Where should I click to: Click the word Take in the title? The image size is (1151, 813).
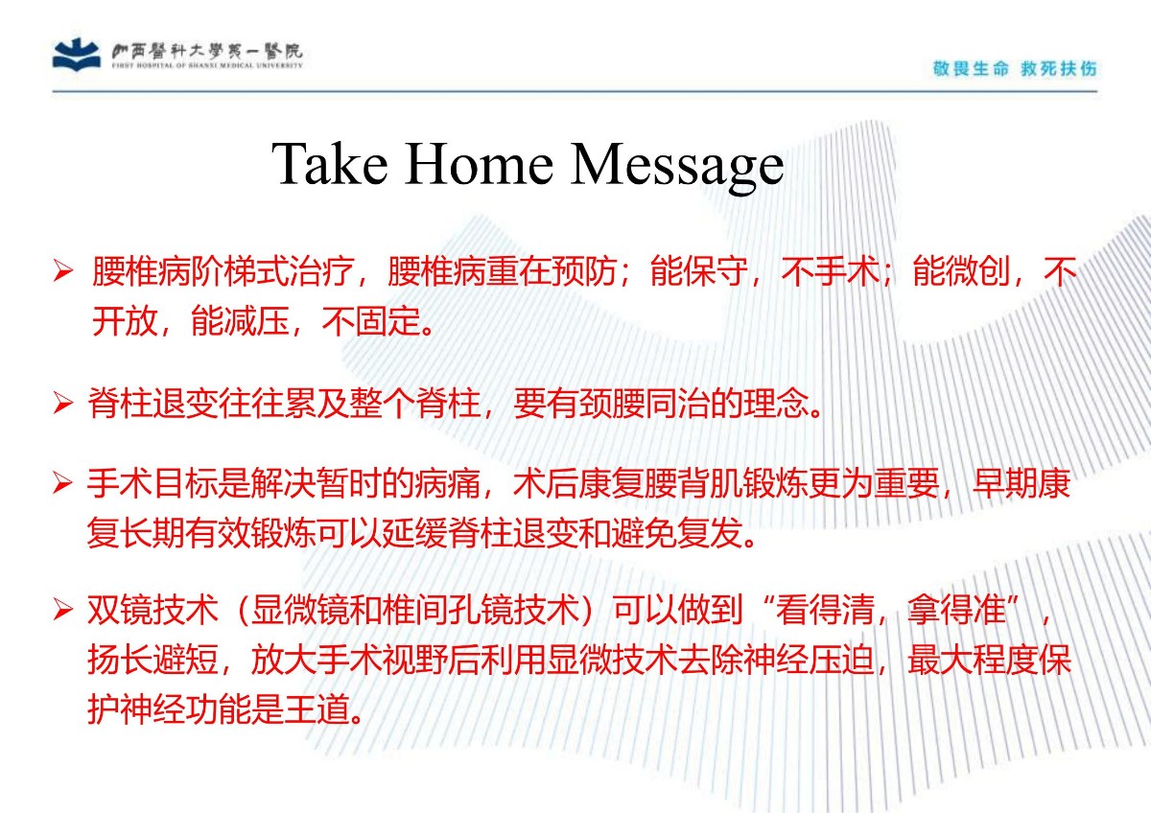(x=329, y=164)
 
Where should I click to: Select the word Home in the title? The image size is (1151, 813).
(x=479, y=164)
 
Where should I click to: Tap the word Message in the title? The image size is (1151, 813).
(x=677, y=168)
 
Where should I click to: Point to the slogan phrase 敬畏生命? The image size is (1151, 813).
(x=971, y=68)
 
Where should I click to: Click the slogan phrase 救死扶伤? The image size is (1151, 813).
(x=1059, y=68)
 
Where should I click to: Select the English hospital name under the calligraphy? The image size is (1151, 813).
(x=207, y=66)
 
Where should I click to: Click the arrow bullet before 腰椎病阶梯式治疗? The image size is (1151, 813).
(x=63, y=270)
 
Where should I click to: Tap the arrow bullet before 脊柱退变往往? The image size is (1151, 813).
(x=63, y=403)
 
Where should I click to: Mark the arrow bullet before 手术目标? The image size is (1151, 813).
(x=62, y=483)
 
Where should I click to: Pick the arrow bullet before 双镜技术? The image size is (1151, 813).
(x=62, y=610)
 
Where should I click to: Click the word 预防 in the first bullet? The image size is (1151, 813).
(x=584, y=270)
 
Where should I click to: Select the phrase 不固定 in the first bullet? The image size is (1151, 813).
(x=370, y=321)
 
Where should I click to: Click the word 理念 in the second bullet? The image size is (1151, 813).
(x=775, y=404)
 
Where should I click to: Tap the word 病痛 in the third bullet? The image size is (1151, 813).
(x=448, y=483)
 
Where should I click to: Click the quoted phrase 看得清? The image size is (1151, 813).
(x=825, y=610)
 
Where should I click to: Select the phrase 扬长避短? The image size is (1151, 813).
(x=153, y=660)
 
